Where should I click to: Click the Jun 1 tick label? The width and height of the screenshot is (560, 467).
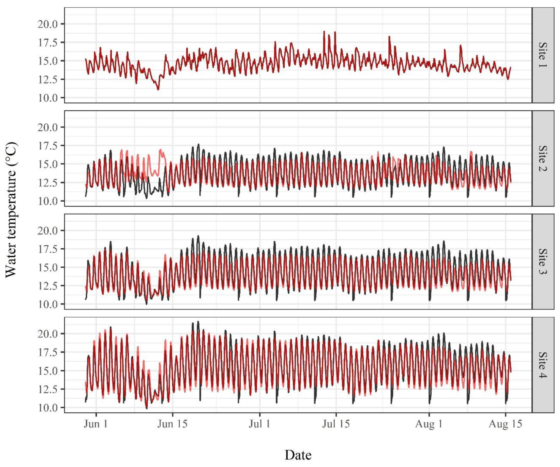click(96, 424)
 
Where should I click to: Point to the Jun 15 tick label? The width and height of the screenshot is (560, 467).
click(172, 424)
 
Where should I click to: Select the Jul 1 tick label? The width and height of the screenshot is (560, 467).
click(259, 424)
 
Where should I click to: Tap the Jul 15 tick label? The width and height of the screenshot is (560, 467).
click(336, 424)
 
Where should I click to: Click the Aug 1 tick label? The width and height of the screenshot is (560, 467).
click(429, 424)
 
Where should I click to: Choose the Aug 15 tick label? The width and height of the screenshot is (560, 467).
click(505, 424)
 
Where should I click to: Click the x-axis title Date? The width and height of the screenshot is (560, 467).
click(298, 455)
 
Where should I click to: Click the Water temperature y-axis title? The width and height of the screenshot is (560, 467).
click(11, 210)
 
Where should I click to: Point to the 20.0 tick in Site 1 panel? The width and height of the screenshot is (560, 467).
click(47, 24)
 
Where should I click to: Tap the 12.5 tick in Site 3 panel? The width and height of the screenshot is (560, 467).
click(47, 286)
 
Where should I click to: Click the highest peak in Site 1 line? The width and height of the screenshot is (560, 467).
click(324, 31)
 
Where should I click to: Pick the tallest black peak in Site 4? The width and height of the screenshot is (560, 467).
click(198, 322)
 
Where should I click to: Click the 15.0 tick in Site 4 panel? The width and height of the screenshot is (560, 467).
click(47, 371)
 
